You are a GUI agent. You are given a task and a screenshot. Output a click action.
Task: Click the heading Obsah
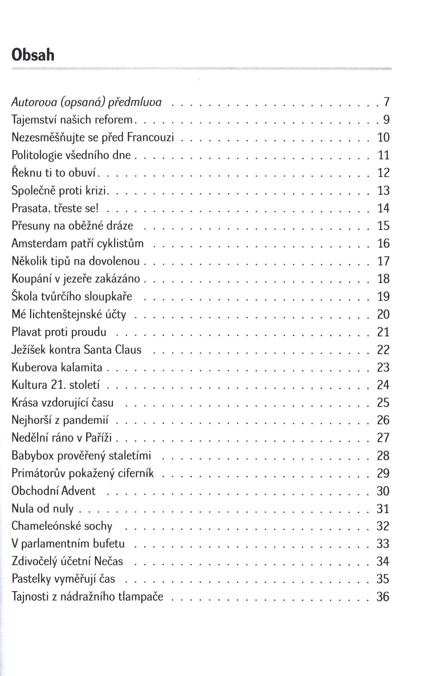33,55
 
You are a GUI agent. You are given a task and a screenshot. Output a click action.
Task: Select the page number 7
386,102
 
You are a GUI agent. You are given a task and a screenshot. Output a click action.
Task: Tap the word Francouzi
150,137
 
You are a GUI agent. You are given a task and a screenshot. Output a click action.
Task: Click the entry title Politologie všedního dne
71,155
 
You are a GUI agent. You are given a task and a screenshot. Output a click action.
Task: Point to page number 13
383,190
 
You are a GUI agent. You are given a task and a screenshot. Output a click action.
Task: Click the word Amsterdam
39,243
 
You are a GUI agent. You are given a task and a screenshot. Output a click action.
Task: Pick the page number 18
383,279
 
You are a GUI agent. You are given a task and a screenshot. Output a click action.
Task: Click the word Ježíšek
28,350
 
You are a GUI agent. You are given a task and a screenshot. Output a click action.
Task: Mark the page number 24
383,385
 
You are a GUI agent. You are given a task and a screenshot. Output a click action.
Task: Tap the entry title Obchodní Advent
53,491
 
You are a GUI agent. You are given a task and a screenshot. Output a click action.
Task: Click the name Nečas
108,561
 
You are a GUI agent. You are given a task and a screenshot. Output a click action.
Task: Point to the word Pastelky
31,579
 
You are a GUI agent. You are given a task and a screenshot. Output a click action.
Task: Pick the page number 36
383,597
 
